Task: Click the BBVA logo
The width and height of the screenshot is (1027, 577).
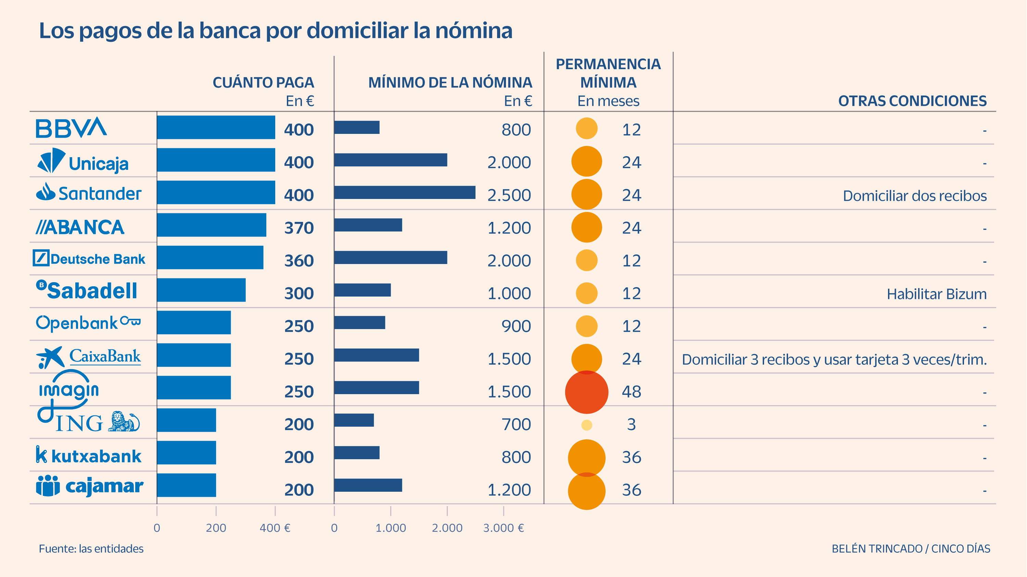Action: [x=71, y=128]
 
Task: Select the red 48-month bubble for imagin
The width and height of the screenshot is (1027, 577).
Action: [x=586, y=392]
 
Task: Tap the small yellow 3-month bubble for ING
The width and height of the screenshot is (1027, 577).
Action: [x=586, y=425]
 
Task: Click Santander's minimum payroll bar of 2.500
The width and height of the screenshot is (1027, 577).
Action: [x=405, y=192]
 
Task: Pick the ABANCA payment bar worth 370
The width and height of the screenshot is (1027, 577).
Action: [x=211, y=225]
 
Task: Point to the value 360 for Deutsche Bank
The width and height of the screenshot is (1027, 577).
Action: [x=299, y=261]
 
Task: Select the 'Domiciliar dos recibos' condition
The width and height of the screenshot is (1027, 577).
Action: [x=915, y=196]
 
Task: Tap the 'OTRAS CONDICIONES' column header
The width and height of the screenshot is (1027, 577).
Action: [x=912, y=101]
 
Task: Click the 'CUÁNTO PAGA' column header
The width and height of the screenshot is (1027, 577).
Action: [x=263, y=83]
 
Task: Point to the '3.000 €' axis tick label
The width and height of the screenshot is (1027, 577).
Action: [x=503, y=528]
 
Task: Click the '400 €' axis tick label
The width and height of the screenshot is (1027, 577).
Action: [x=275, y=528]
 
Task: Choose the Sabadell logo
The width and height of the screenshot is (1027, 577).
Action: [x=87, y=290]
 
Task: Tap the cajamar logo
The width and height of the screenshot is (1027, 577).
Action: [x=90, y=486]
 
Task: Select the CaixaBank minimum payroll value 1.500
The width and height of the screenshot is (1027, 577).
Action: [x=509, y=359]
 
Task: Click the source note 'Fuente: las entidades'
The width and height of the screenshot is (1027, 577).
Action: [x=91, y=549]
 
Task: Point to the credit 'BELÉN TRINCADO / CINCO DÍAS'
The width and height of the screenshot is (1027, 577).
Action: [x=911, y=549]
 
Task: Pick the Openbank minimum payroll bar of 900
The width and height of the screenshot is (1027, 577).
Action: [x=359, y=323]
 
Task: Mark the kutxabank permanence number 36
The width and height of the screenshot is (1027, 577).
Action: [x=632, y=457]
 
